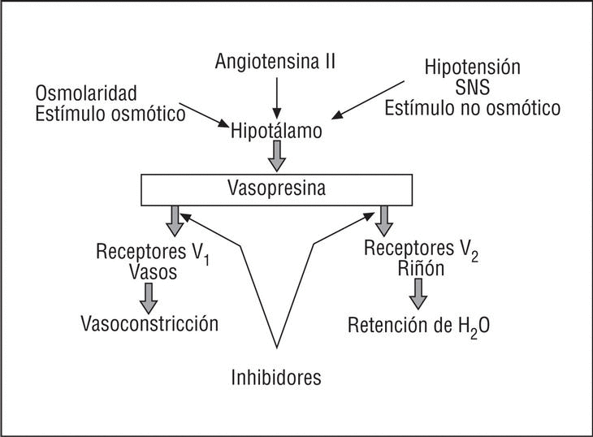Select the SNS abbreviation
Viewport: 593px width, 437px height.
(x=472, y=87)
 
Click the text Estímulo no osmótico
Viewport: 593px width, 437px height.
(x=472, y=108)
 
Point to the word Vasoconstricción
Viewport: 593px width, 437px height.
(x=149, y=323)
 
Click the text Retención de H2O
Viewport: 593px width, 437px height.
(x=418, y=326)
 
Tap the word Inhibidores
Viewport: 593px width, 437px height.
(x=276, y=377)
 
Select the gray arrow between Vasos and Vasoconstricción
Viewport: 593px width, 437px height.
(x=149, y=297)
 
